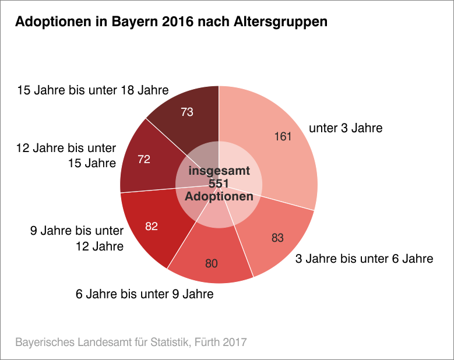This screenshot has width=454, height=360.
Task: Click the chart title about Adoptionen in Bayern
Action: (x=171, y=22)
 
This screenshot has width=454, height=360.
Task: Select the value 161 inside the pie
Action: (x=283, y=136)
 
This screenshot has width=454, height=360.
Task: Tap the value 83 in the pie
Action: (x=278, y=238)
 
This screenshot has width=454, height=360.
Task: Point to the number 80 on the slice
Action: (x=212, y=263)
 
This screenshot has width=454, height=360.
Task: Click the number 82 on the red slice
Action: (x=152, y=226)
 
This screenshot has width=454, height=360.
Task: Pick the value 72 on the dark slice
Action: (x=144, y=158)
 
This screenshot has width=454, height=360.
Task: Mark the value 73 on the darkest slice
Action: (x=187, y=112)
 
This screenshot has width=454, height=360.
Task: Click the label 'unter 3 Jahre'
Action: (x=346, y=128)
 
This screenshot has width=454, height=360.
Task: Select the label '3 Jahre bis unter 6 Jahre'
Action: (x=364, y=258)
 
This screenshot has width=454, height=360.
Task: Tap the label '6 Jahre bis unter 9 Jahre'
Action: (x=145, y=294)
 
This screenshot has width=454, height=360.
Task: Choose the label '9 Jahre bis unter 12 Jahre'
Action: (x=77, y=238)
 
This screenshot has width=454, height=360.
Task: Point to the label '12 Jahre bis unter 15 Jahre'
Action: (x=66, y=155)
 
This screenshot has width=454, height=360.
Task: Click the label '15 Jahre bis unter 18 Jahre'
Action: (x=93, y=90)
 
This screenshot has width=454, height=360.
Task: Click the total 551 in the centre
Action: (x=219, y=184)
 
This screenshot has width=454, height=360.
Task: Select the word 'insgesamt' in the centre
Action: (x=219, y=171)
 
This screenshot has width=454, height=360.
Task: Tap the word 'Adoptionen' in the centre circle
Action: (x=219, y=196)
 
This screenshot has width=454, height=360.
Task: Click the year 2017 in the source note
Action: (x=234, y=341)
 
